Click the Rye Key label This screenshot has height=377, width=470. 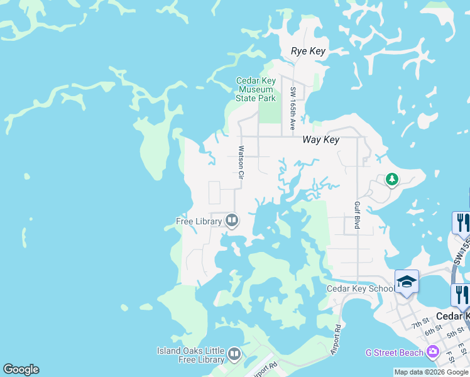(309, 51)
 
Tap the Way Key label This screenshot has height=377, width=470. (320, 139)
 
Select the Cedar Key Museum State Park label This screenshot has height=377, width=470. (256, 89)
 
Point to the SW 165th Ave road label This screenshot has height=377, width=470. (293, 109)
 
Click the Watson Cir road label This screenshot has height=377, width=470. (240, 163)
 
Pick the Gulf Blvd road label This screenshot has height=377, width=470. (357, 215)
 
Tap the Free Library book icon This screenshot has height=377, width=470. (232, 221)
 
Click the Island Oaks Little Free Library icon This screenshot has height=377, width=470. (234, 355)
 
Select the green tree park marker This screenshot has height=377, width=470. (391, 180)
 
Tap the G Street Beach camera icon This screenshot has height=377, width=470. (433, 352)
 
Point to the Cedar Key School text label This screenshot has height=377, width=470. (361, 289)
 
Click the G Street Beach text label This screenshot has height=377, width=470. (394, 353)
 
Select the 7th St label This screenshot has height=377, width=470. (420, 325)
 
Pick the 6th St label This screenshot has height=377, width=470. (433, 331)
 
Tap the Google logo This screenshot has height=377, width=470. (21, 369)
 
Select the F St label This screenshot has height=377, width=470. (451, 357)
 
